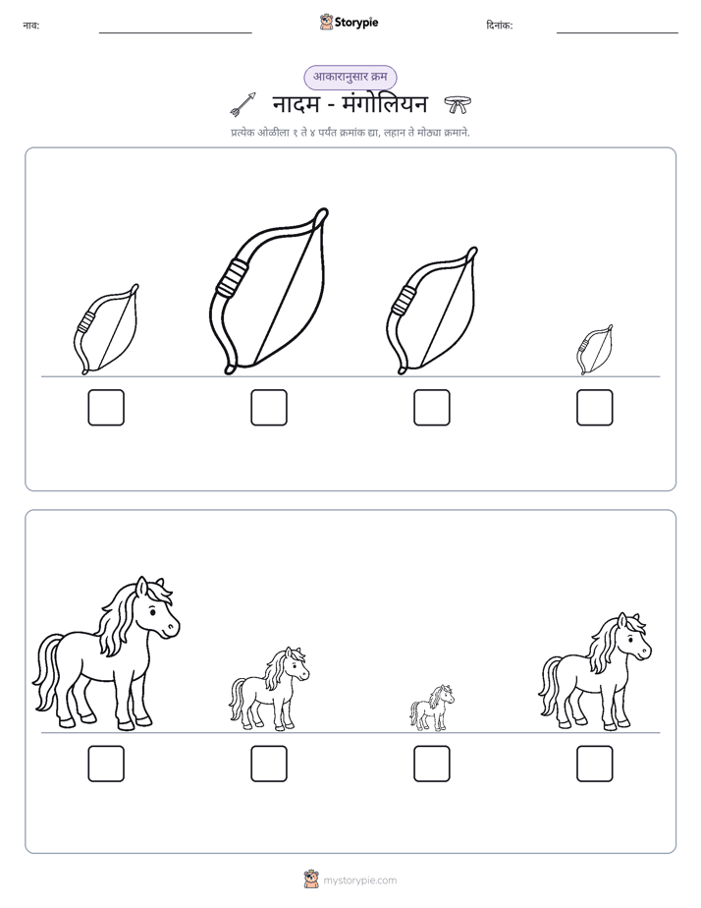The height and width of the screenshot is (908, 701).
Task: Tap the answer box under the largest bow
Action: pyautogui.click(x=269, y=408)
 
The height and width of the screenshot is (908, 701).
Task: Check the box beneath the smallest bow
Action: pyautogui.click(x=595, y=408)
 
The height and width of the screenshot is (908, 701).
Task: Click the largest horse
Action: pyautogui.click(x=107, y=654)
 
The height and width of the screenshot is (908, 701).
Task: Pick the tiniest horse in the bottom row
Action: pyautogui.click(x=431, y=709)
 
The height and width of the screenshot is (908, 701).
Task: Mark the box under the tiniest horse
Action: pyautogui.click(x=431, y=764)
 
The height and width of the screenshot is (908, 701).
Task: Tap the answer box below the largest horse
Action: pyautogui.click(x=106, y=764)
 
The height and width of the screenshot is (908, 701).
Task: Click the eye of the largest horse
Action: pyautogui.click(x=152, y=611)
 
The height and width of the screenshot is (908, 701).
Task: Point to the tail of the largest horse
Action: pyautogui.click(x=47, y=672)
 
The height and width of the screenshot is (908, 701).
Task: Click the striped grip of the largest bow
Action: pyautogui.click(x=232, y=278)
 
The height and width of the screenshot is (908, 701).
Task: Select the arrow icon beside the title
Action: pyautogui.click(x=243, y=103)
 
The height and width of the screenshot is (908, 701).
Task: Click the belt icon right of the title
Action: pyautogui.click(x=458, y=105)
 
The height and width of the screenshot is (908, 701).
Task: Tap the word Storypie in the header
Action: pyautogui.click(x=356, y=23)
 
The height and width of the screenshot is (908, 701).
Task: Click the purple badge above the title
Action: pyautogui.click(x=350, y=77)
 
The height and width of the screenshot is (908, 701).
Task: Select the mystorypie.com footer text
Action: pyautogui.click(x=359, y=880)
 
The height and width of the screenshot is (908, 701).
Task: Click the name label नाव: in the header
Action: pyautogui.click(x=31, y=26)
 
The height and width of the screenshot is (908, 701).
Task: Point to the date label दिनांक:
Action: pyautogui.click(x=500, y=26)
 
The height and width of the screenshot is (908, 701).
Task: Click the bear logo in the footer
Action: pyautogui.click(x=311, y=880)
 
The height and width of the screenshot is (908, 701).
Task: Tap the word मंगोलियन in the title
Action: pyautogui.click(x=385, y=104)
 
